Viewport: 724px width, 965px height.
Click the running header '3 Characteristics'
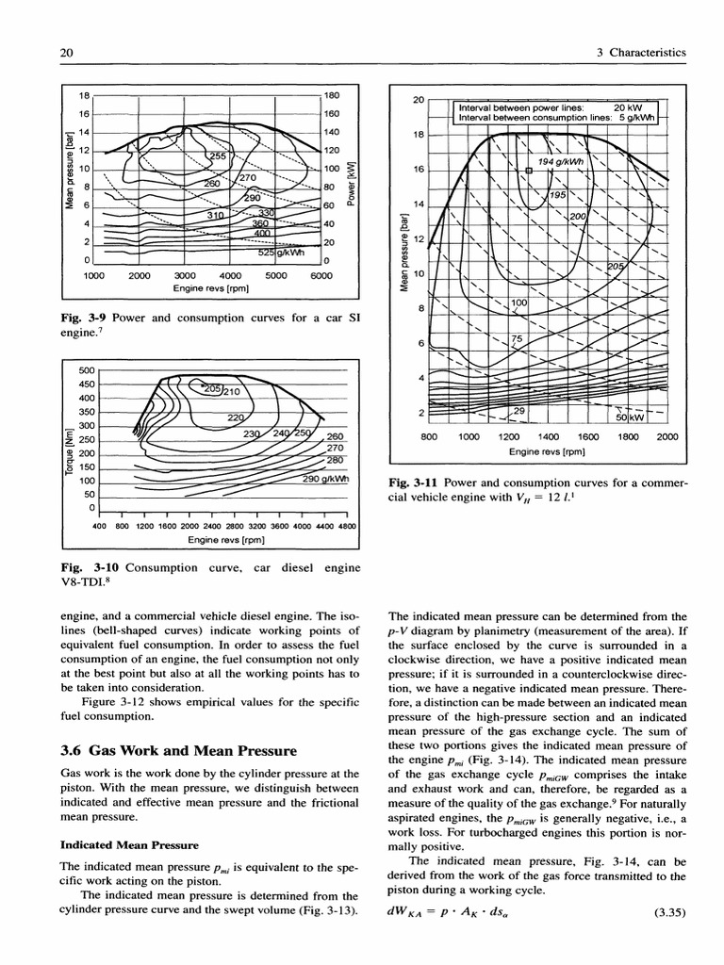pos(642,53)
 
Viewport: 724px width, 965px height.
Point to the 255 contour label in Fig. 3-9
pos(218,156)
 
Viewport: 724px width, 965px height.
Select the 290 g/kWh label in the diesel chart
pos(325,479)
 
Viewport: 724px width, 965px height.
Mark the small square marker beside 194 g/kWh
pos(529,171)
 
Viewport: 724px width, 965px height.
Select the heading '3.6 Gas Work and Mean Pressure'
pos(178,751)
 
